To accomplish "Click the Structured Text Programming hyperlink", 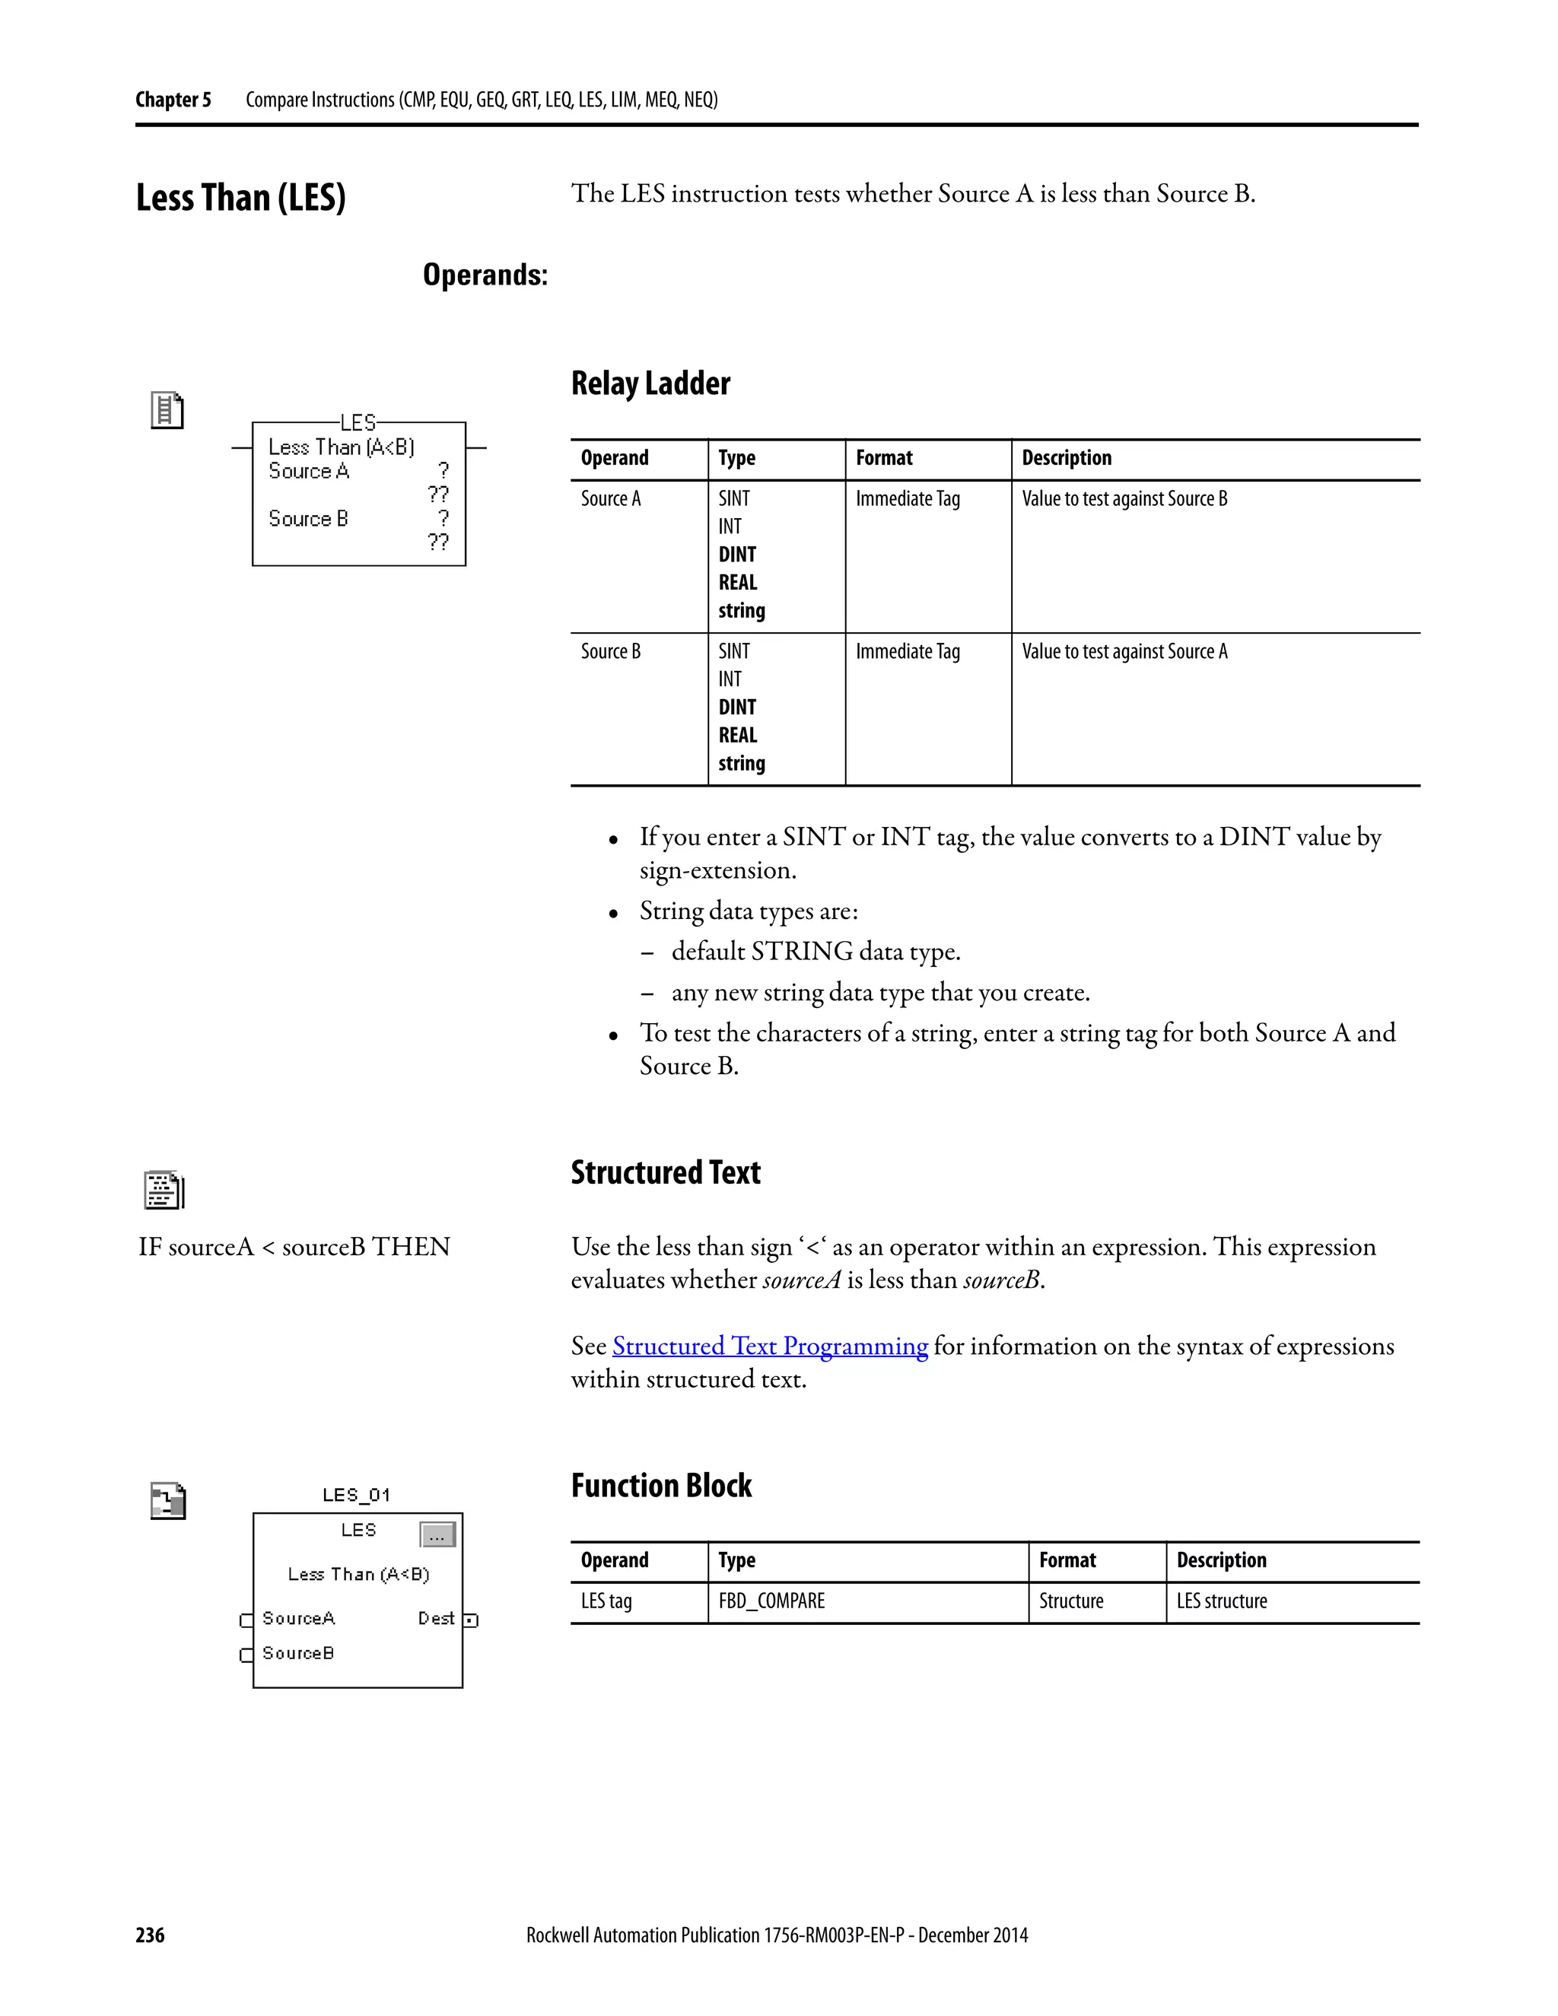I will click(x=770, y=1346).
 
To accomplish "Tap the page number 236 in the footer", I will click(x=151, y=1935).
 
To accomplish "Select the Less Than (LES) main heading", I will click(x=241, y=198).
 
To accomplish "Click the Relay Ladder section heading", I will click(x=650, y=383).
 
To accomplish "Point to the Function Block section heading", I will click(x=661, y=1485).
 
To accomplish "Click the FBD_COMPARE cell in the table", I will click(x=771, y=1601).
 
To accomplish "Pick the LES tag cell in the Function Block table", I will click(x=606, y=1601).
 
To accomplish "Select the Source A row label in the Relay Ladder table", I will click(x=610, y=498).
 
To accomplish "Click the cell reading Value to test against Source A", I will click(x=1124, y=652).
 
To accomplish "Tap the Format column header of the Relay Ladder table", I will click(x=883, y=458).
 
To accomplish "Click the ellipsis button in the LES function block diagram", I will click(x=437, y=1534).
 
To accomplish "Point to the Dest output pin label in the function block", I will click(x=436, y=1618).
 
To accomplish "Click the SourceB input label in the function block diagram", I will click(x=297, y=1653).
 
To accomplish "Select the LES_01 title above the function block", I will click(x=356, y=1494).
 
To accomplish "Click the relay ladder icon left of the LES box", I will click(x=167, y=410).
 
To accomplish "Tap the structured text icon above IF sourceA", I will click(x=164, y=1190).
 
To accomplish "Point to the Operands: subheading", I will click(x=485, y=275).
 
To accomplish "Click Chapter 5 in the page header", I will click(x=173, y=100).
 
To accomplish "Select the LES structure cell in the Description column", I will click(x=1221, y=1601).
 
